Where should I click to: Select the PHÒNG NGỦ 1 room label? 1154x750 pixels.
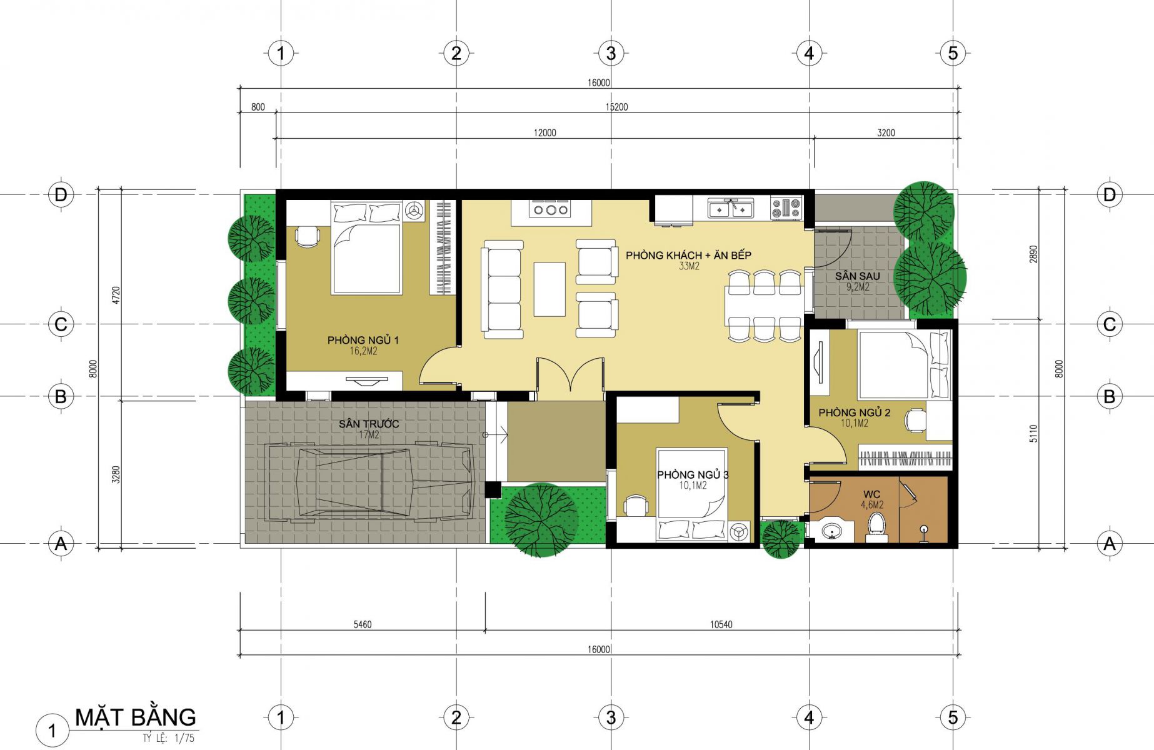click(x=363, y=340)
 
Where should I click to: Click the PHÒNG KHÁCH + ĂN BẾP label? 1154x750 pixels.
click(x=688, y=255)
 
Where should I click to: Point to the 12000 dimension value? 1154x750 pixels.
click(x=544, y=132)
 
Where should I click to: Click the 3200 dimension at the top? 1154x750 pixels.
click(x=886, y=132)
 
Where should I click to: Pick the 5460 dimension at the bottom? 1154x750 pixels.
click(x=363, y=624)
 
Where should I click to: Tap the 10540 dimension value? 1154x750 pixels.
click(x=721, y=624)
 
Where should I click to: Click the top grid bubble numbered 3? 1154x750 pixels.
click(x=611, y=53)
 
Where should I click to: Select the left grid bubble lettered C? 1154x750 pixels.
click(x=61, y=324)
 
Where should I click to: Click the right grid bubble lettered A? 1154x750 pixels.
click(x=1110, y=543)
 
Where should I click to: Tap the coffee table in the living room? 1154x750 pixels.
click(x=549, y=289)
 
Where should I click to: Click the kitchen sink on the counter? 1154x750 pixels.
click(x=730, y=208)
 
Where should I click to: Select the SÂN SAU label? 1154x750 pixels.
click(x=857, y=276)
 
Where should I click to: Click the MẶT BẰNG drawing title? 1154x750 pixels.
click(x=135, y=717)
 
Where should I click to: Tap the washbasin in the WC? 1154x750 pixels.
click(x=831, y=532)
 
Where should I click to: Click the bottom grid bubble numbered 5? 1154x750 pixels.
click(x=953, y=717)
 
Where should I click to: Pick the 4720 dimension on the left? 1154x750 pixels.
click(x=116, y=296)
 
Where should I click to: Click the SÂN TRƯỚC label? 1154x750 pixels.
click(x=369, y=424)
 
